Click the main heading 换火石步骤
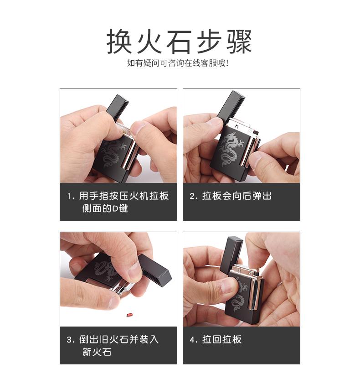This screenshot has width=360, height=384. click(179, 42)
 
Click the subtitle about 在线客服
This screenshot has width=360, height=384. click(178, 63)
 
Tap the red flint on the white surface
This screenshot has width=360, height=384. click(129, 314)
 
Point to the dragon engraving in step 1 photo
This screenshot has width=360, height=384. click(113, 153)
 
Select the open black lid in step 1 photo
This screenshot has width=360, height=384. click(118, 108)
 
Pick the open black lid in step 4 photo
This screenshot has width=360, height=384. click(231, 254)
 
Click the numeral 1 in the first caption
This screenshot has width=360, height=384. click(70, 196)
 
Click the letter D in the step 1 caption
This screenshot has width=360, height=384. click(115, 209)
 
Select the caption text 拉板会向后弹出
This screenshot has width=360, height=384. click(237, 196)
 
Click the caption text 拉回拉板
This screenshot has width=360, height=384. click(222, 340)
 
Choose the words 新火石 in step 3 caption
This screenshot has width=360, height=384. click(97, 352)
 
